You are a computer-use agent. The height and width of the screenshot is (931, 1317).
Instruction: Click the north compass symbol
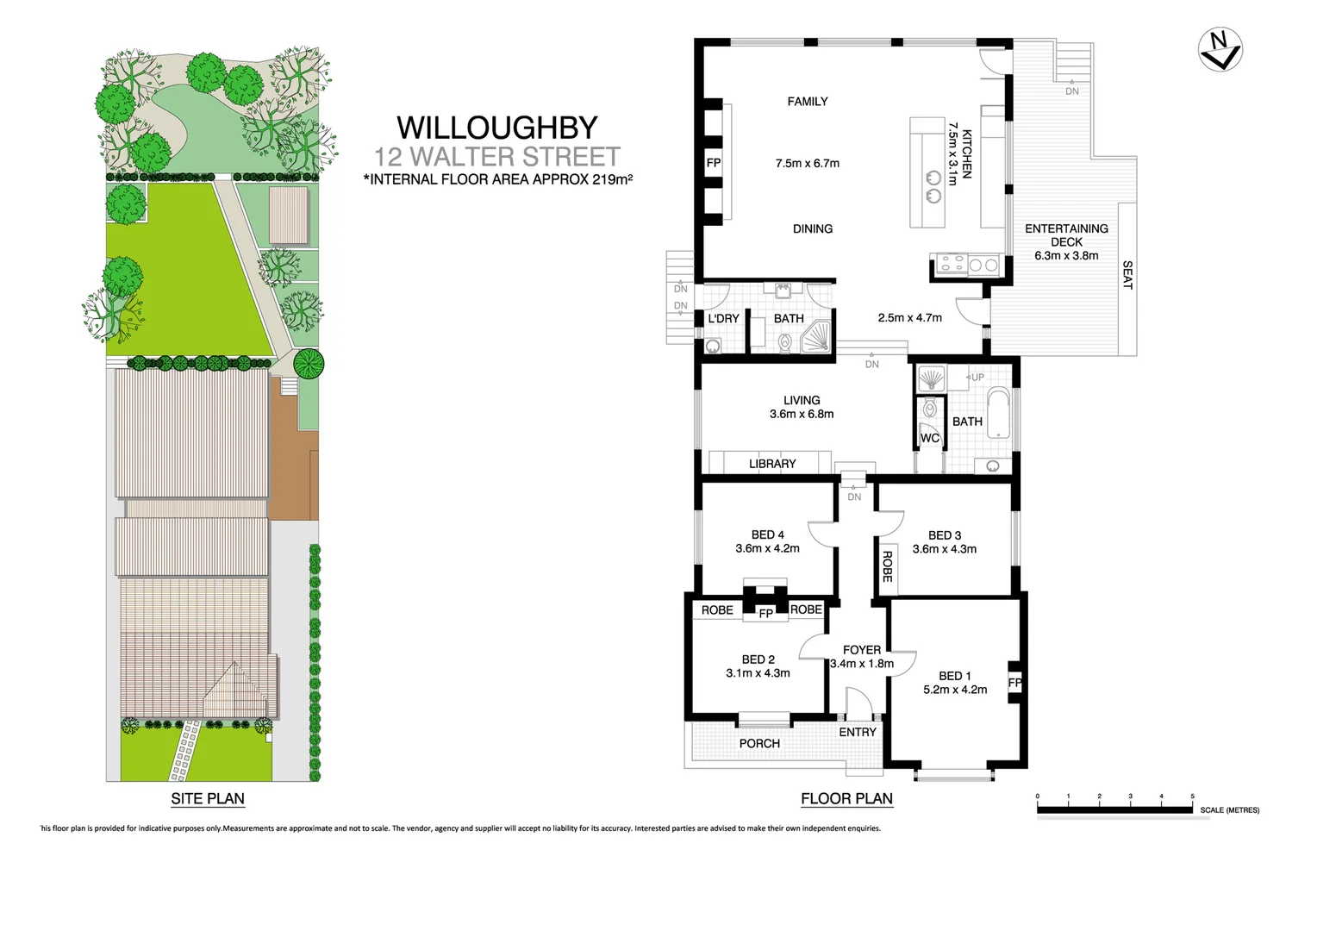pos(1220,50)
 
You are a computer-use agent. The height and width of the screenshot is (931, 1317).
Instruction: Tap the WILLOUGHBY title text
pos(496,128)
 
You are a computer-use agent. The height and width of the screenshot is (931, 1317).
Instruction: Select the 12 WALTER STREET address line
pos(496,157)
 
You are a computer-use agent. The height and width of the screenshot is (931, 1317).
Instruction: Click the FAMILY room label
pos(807,102)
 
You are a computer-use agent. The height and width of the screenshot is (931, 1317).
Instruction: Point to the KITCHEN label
pos(967,154)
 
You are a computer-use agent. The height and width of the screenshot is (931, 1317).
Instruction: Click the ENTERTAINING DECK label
pos(1066,234)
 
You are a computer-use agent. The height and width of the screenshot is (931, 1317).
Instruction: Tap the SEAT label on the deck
pos(1127,275)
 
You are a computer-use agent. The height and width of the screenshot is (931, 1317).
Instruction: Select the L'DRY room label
pos(723,319)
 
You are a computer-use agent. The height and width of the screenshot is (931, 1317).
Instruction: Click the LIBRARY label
pos(771,464)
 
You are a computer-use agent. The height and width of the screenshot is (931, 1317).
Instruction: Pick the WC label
pos(929,438)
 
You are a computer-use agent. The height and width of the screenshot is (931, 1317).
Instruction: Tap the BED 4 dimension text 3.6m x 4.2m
pos(767,548)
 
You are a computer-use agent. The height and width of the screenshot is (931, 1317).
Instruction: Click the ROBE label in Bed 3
pos(887,566)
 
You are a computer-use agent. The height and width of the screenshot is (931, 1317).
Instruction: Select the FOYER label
pos(862,650)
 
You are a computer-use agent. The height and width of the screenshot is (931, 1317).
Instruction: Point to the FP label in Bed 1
pos(1014,683)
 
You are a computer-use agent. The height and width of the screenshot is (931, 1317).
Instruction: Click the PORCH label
pos(759,743)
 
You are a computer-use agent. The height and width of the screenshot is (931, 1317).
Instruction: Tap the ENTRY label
pos(858,732)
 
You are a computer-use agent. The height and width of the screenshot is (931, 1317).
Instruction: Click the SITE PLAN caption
pos(208,798)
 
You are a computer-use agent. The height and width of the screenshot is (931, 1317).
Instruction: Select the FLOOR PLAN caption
pos(846,798)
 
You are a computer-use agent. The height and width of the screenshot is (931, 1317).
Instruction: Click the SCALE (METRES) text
pos(1229,810)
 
